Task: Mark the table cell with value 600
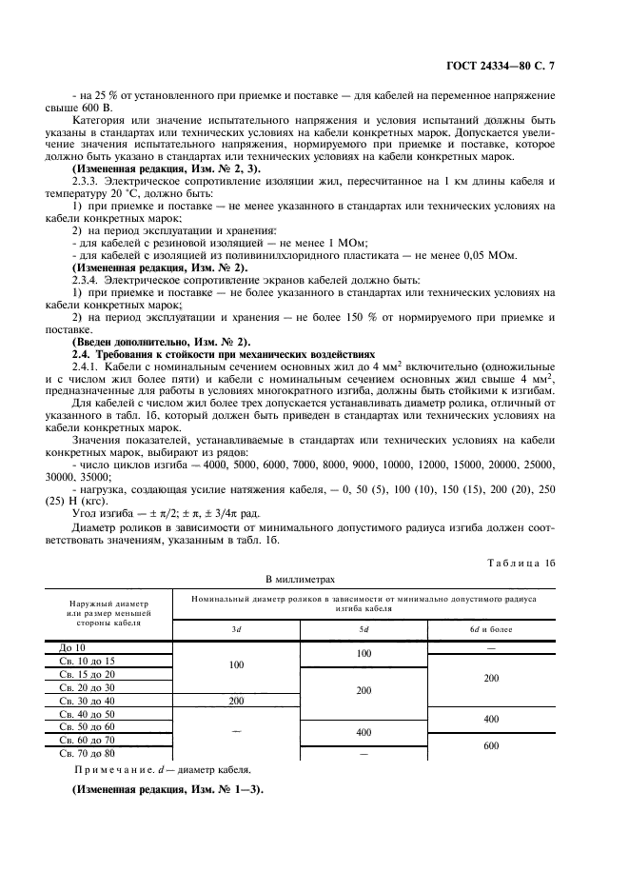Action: coord(490,746)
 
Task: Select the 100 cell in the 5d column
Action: coord(364,654)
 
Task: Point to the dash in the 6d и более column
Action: coord(490,647)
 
